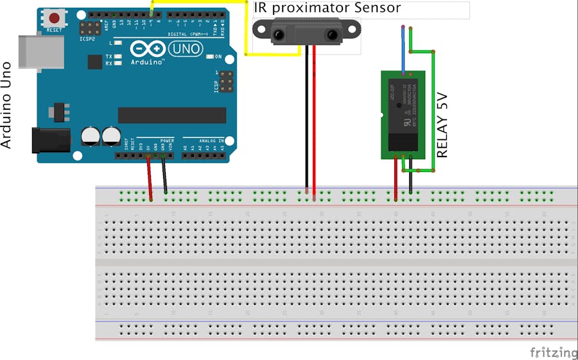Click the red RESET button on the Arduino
pyautogui.click(x=55, y=19)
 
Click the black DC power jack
pyautogui.click(x=49, y=140)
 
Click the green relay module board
pyautogui.click(x=403, y=114)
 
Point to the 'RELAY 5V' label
pyautogui.click(x=442, y=126)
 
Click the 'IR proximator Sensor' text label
pyautogui.click(x=328, y=8)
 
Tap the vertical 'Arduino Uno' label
pyautogui.click(x=7, y=105)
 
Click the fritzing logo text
pyautogui.click(x=553, y=352)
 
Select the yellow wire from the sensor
pyautogui.click(x=247, y=32)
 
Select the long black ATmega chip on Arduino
pyautogui.click(x=171, y=115)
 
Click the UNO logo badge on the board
pyautogui.click(x=186, y=48)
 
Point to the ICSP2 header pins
pyautogui.click(x=89, y=28)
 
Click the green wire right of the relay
pyautogui.click(x=433, y=109)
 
